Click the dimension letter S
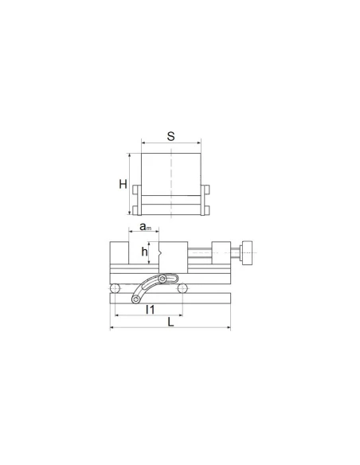(170, 136)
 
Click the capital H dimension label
(123, 184)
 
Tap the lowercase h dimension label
(144, 252)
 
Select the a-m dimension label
(145, 227)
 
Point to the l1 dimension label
(151, 310)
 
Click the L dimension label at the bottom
(170, 322)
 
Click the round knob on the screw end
(246, 253)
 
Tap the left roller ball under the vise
(115, 288)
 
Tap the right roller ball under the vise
(182, 288)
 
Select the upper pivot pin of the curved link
(162, 279)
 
